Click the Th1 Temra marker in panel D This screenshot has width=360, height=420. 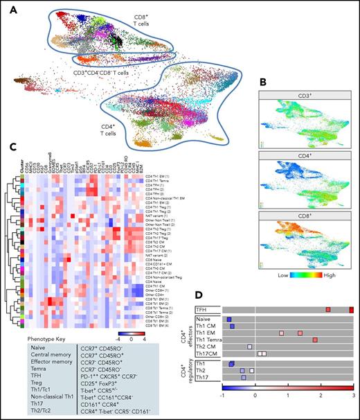314,340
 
